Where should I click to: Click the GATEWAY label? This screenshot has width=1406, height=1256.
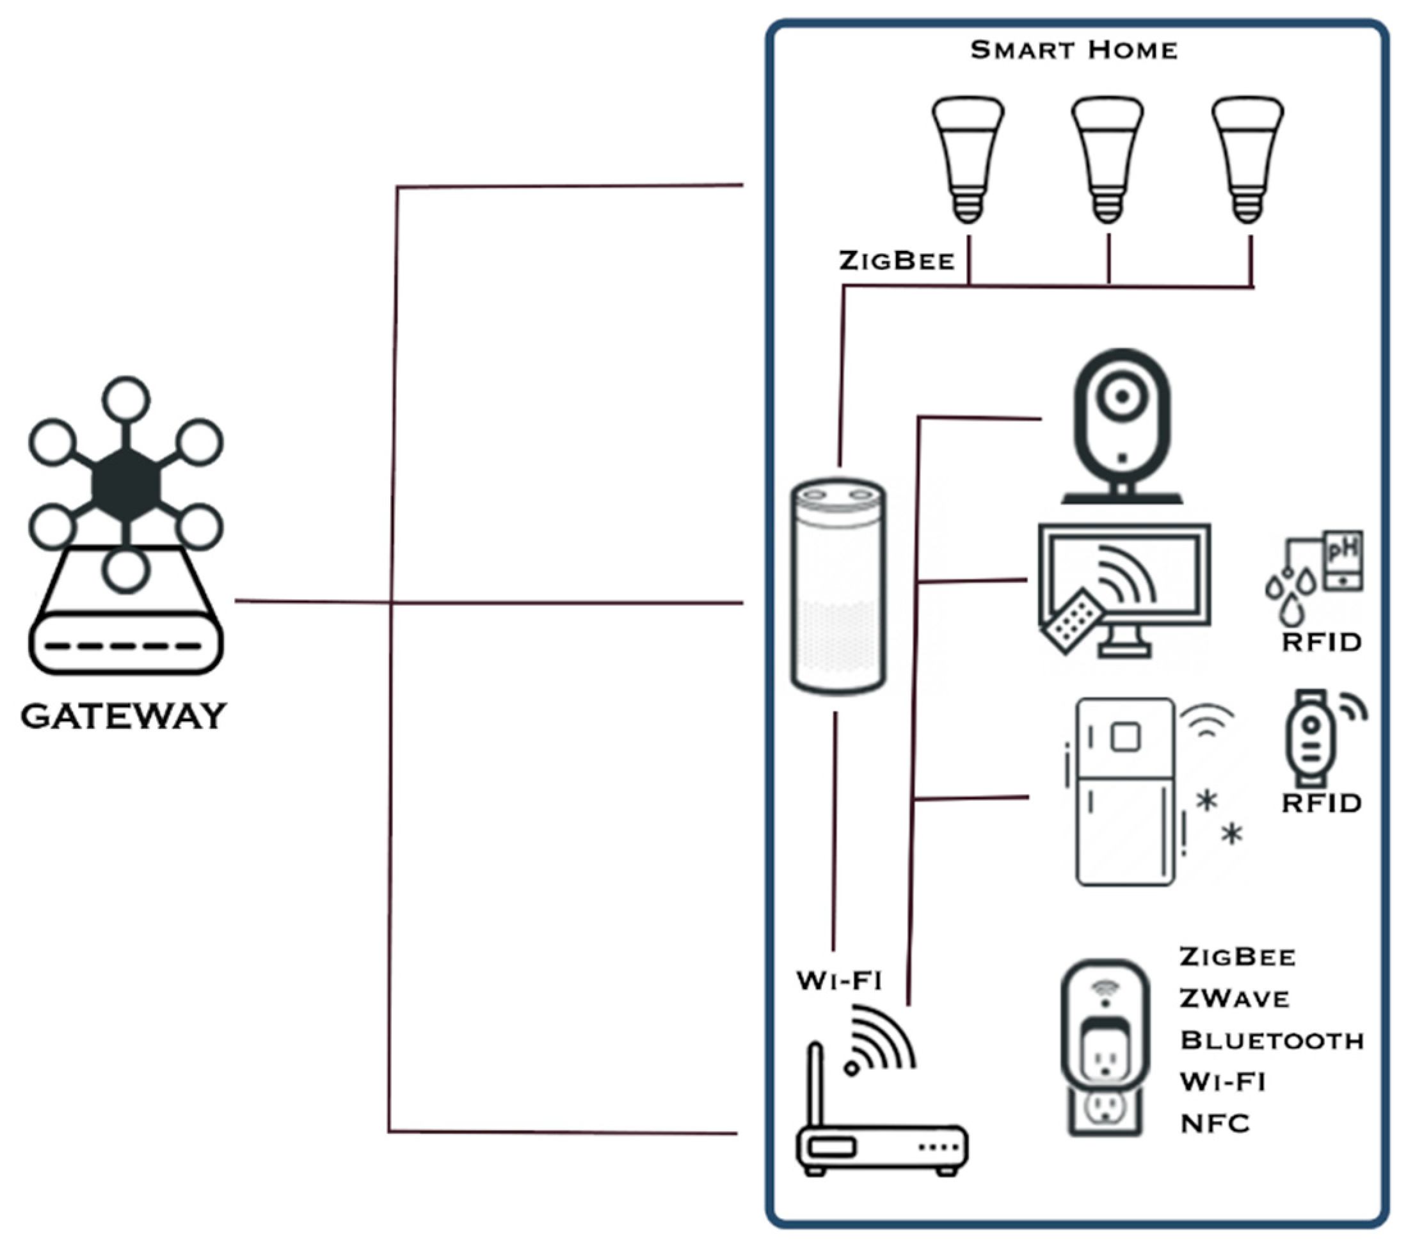124,717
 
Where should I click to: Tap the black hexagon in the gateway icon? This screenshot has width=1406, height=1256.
126,484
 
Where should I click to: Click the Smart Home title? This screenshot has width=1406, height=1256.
1073,51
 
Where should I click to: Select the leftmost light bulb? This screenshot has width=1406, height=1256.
968,159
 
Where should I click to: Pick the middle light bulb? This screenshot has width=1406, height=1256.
1107,159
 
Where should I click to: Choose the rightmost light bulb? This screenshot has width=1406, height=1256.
1248,159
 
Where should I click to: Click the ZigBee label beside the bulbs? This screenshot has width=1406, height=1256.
897,261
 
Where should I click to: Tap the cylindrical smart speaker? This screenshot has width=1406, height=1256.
838,587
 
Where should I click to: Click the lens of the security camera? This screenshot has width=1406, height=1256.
1122,397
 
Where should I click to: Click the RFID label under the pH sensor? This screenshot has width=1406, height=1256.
1321,642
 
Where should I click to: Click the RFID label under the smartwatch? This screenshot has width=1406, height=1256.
1321,803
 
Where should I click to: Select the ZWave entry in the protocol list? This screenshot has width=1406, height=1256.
1234,999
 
